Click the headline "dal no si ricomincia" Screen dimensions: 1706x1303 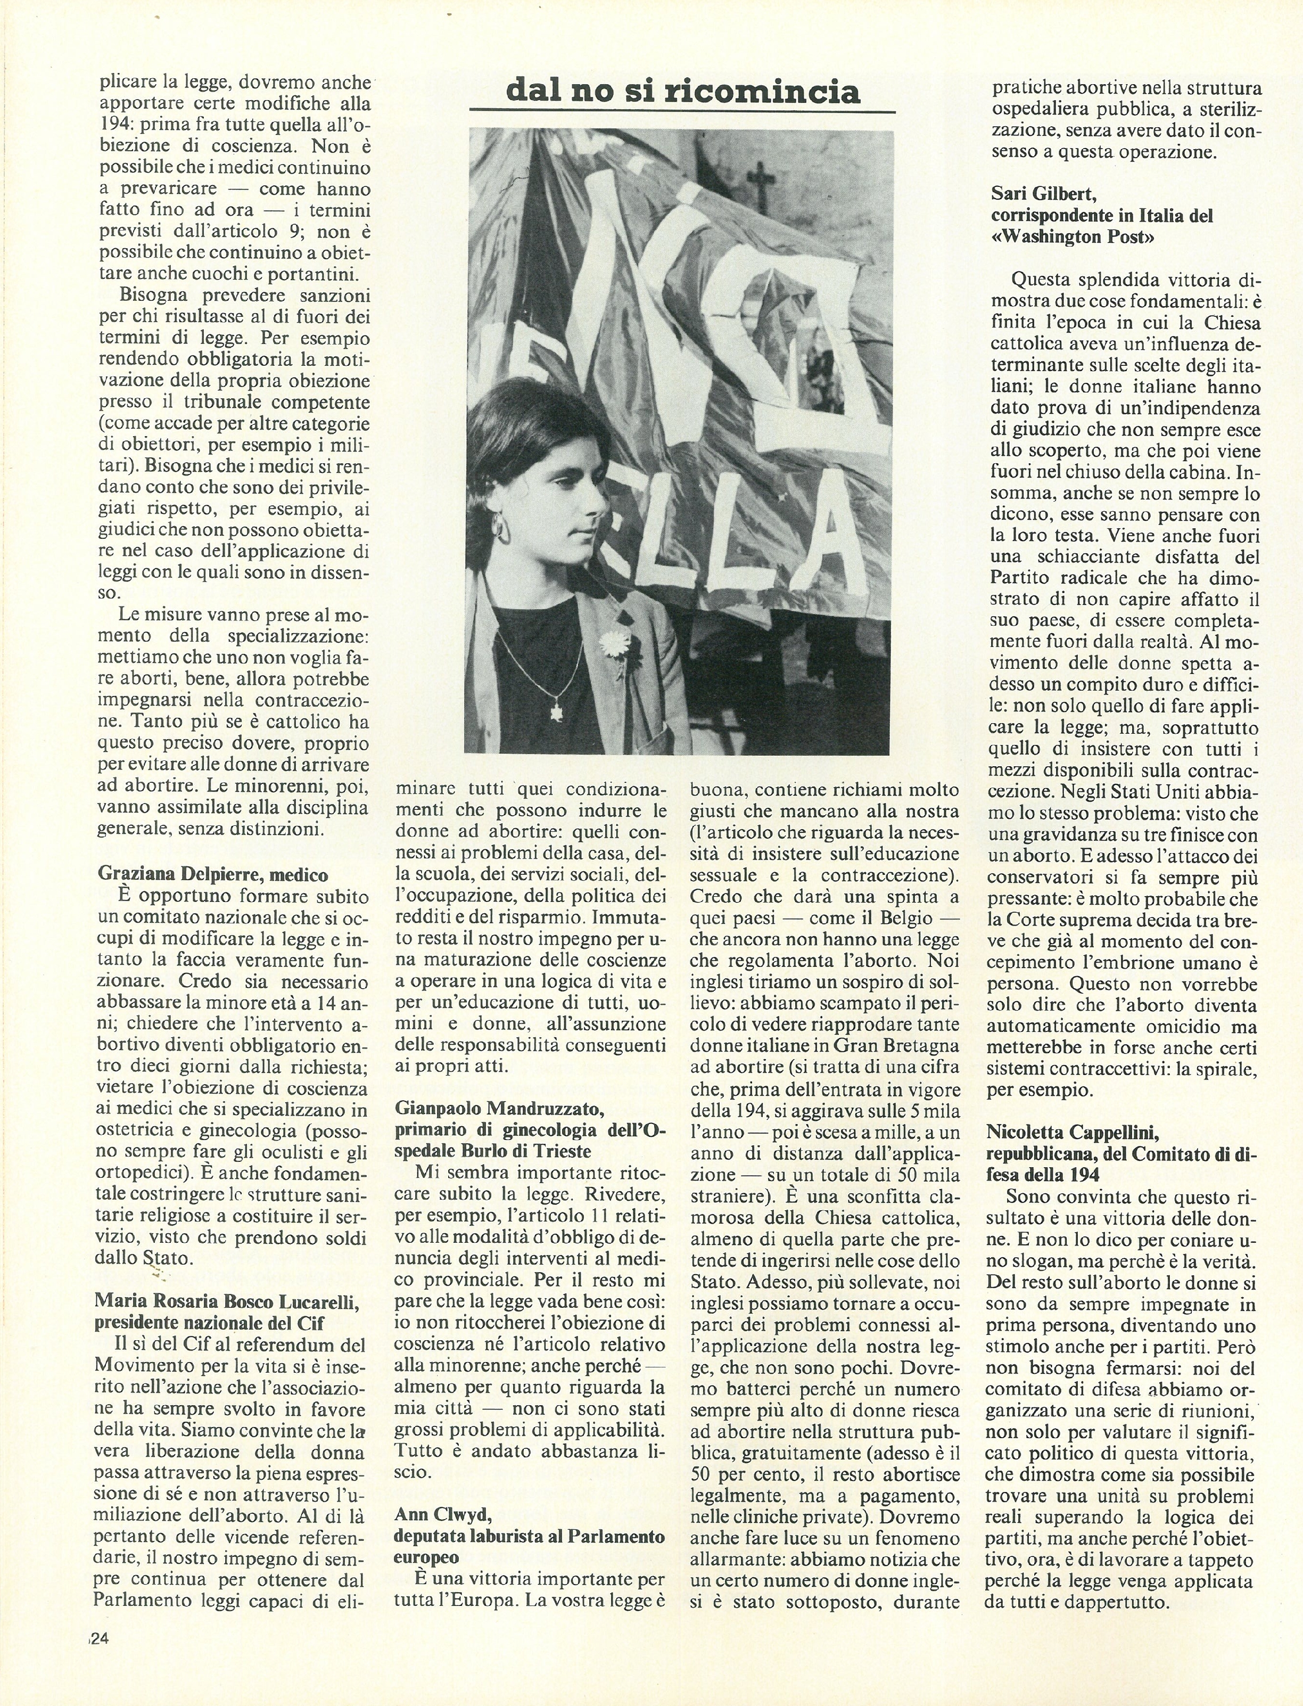(x=682, y=92)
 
